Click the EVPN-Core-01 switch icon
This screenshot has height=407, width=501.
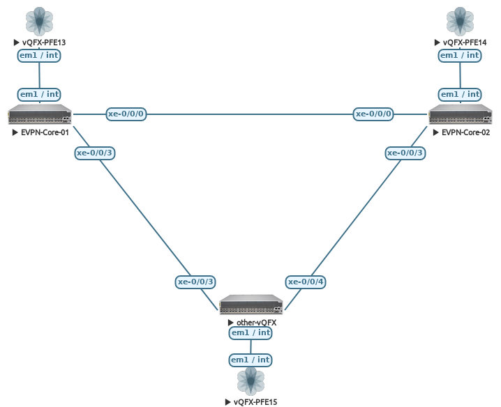(40, 114)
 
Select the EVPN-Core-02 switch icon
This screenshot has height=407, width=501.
(460, 114)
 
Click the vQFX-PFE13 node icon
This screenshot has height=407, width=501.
(39, 21)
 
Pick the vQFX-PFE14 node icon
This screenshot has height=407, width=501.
(460, 21)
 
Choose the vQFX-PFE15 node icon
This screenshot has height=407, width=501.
(250, 382)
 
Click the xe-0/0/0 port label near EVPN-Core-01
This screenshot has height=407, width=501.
(126, 114)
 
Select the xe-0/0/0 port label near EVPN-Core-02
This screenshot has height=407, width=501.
(374, 114)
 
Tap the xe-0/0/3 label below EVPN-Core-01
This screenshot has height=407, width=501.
(95, 153)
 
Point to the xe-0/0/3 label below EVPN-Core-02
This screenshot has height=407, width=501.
(405, 153)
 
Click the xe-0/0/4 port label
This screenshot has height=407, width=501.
(306, 282)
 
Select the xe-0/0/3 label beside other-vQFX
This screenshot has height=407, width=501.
(195, 282)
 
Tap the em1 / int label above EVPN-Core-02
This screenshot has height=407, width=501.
(460, 94)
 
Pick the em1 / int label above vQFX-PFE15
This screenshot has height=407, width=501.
(250, 360)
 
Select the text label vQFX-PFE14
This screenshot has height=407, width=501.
(465, 43)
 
